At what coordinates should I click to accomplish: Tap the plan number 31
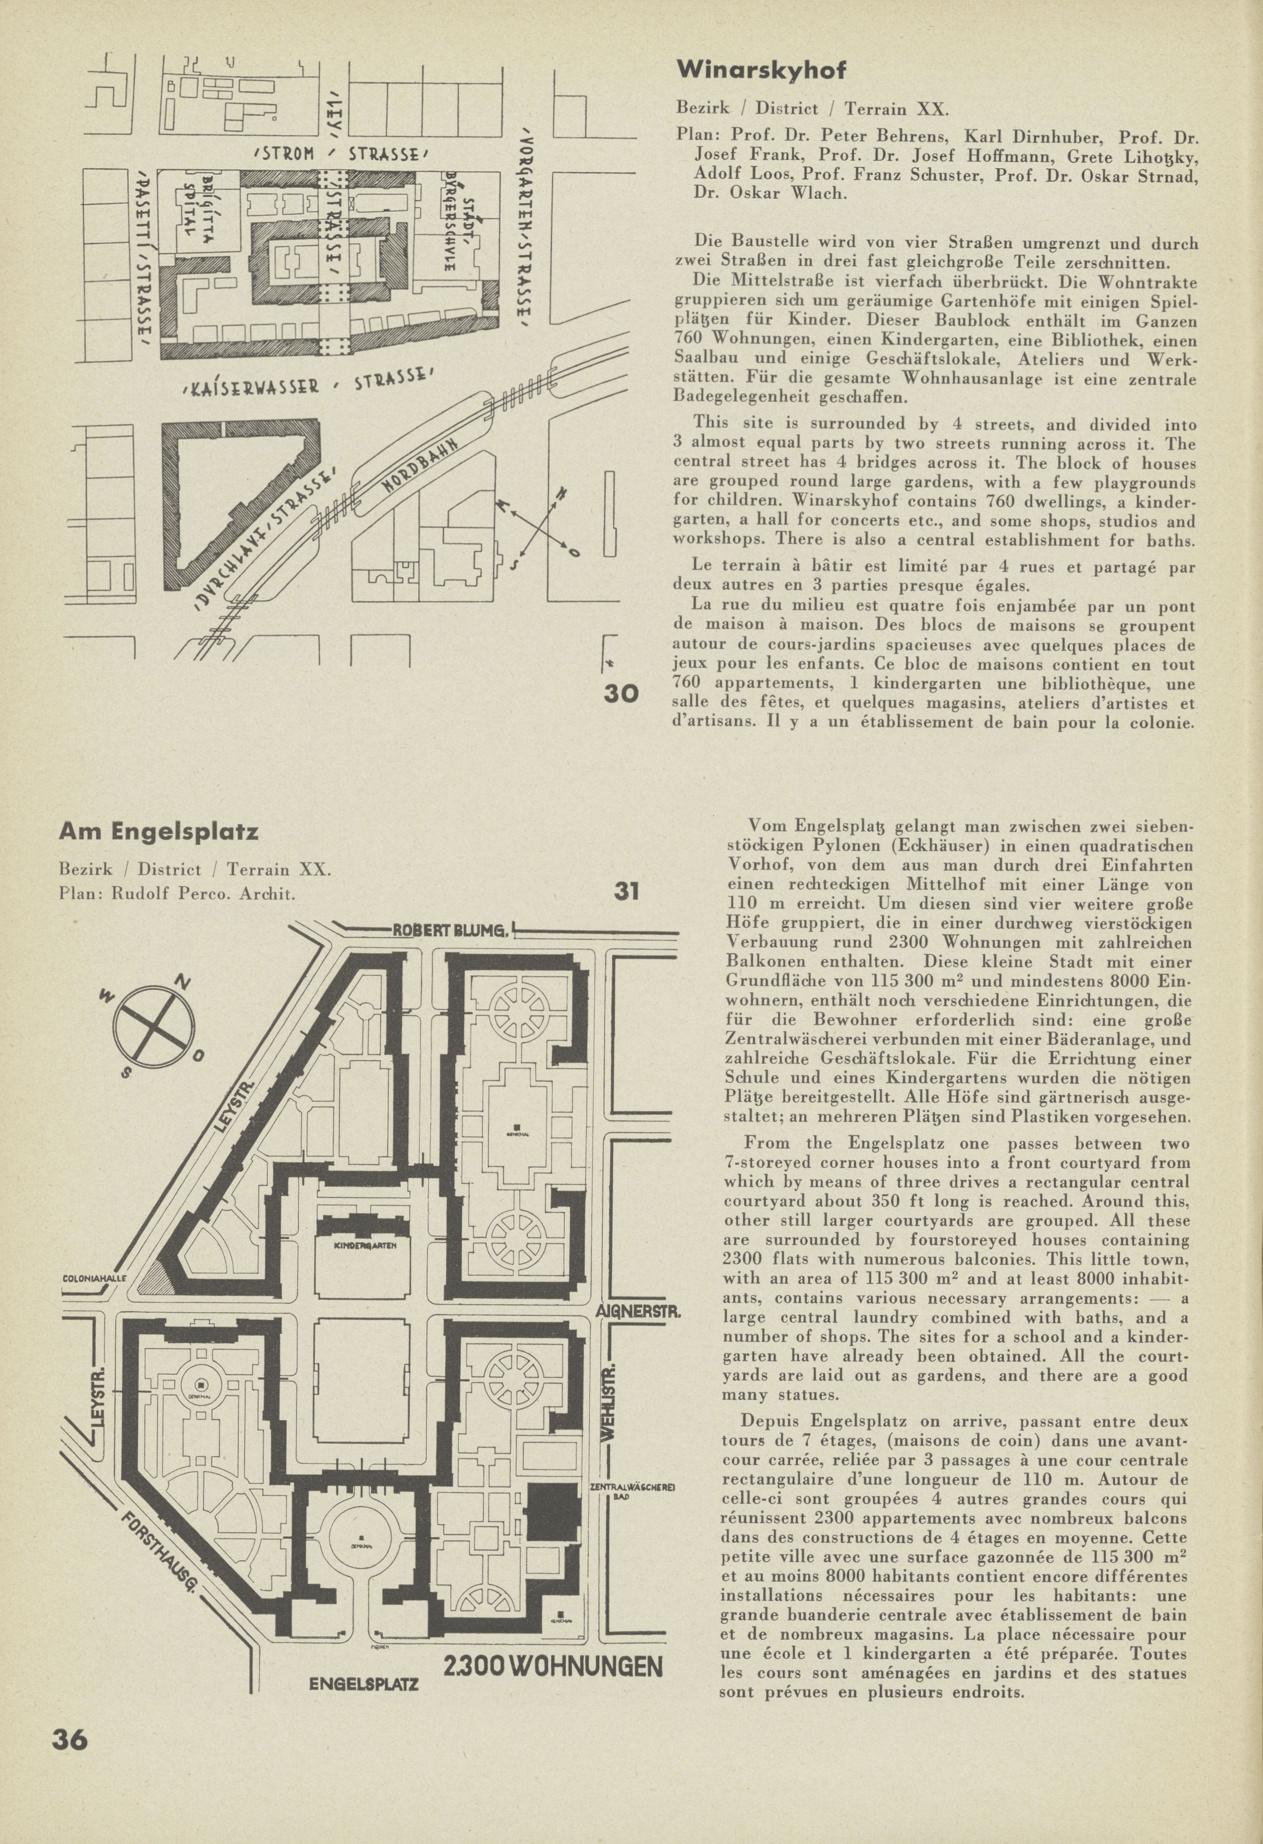click(x=627, y=891)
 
